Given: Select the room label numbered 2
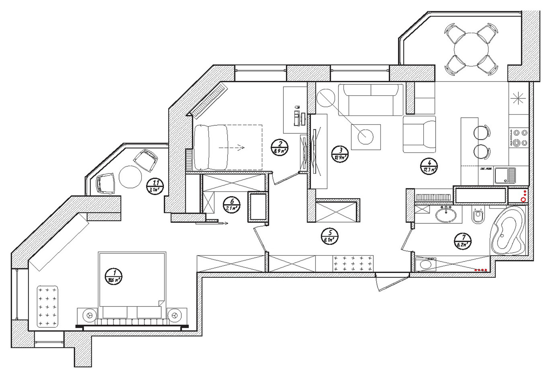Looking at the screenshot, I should click(x=280, y=147).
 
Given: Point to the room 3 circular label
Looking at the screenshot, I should click(x=340, y=154).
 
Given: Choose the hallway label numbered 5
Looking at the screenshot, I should click(x=330, y=237).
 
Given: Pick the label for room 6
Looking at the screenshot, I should click(x=232, y=205).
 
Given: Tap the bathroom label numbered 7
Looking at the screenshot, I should click(x=463, y=241).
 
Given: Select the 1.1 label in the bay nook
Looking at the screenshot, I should click(x=155, y=186).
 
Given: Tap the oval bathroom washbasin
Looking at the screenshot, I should click(x=446, y=215).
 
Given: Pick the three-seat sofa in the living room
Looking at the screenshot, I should click(x=371, y=100).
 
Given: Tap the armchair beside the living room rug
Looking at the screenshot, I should click(x=419, y=135).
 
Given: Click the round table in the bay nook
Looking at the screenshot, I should click(x=130, y=177).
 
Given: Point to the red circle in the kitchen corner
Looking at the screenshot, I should click(x=523, y=199).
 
